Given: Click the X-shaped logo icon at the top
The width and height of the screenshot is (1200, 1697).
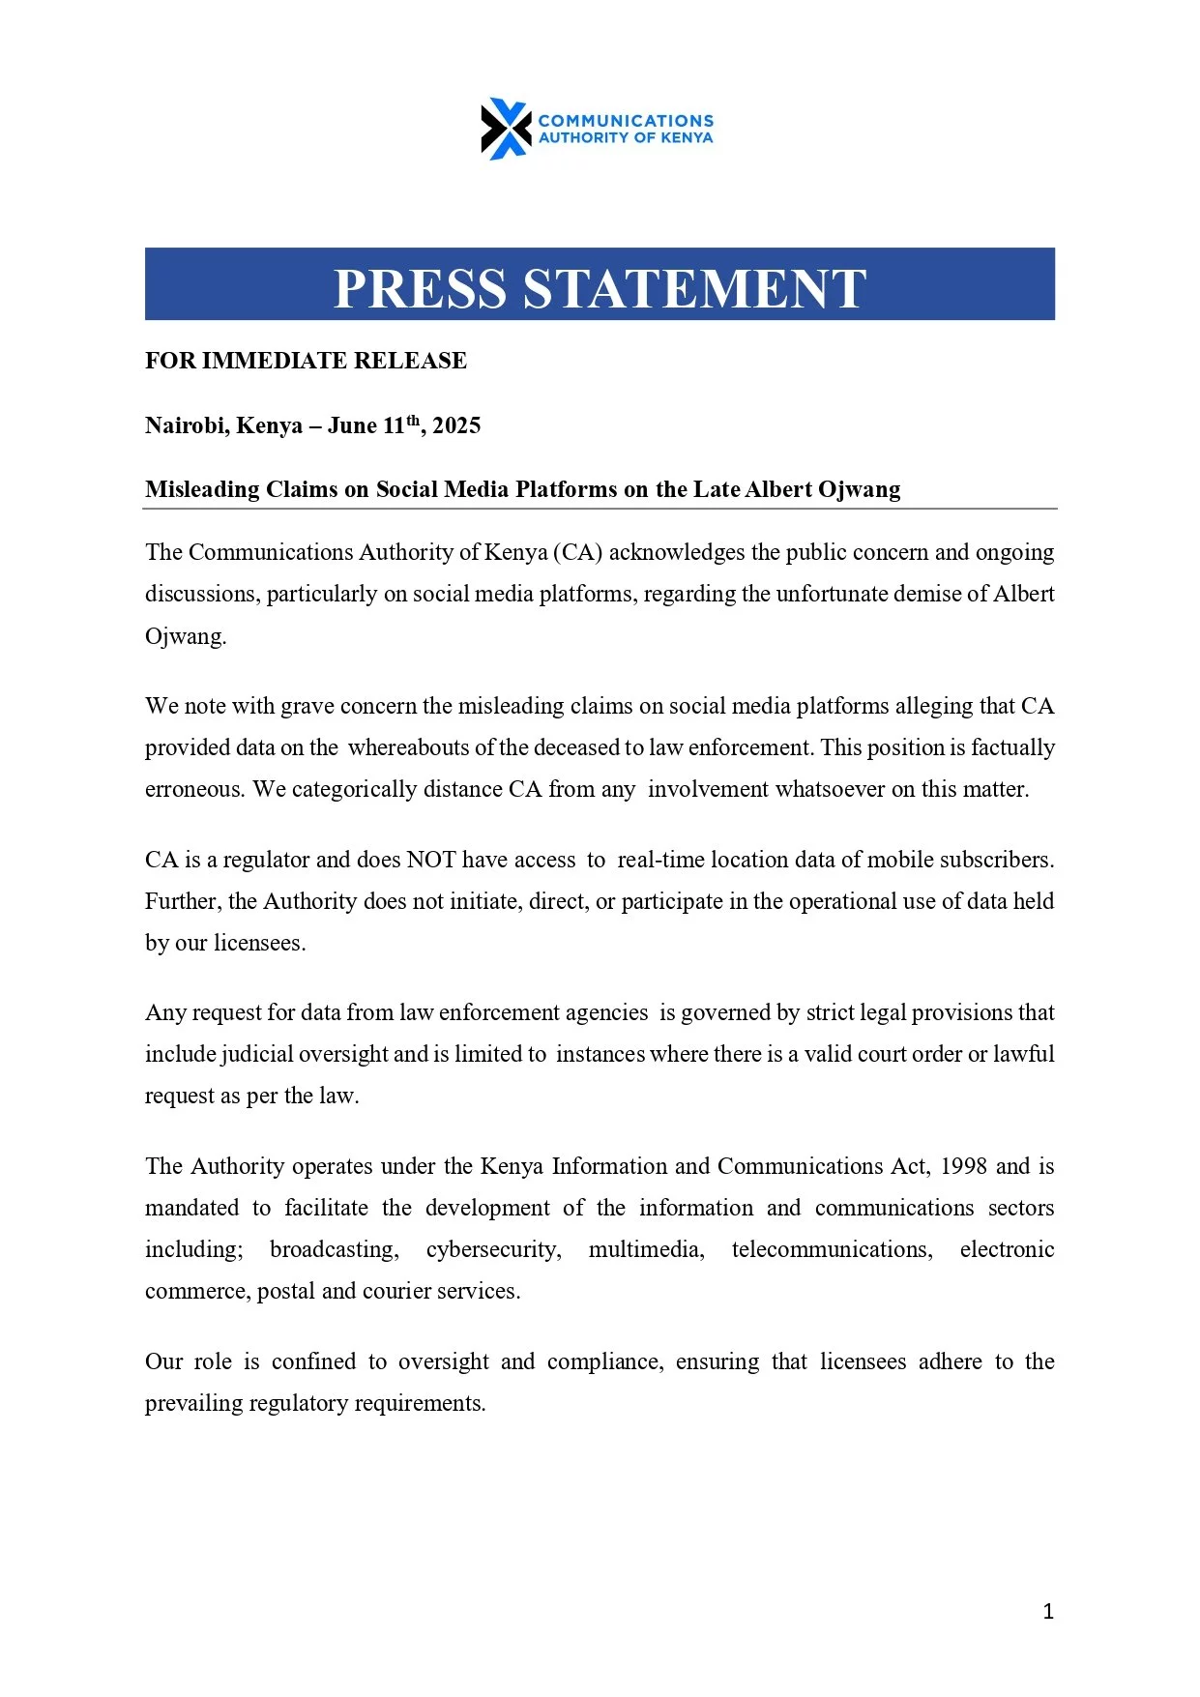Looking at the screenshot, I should click(x=506, y=129).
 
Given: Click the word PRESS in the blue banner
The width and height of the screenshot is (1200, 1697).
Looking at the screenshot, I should click(x=420, y=288).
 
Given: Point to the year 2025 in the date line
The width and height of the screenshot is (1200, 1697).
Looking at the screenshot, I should click(x=456, y=426).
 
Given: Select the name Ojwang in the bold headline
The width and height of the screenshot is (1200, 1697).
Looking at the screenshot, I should click(x=859, y=489).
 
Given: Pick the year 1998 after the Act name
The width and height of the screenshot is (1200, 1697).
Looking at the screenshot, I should click(x=963, y=1166).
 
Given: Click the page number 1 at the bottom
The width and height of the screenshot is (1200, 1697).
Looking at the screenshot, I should click(x=1048, y=1611).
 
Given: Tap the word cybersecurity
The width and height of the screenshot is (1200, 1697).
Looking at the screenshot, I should click(x=493, y=1249).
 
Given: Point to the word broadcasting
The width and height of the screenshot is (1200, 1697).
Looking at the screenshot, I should click(x=334, y=1249).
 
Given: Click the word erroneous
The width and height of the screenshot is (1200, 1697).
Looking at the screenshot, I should click(x=193, y=790).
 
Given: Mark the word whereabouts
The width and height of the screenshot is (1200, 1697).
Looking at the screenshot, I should click(x=408, y=748).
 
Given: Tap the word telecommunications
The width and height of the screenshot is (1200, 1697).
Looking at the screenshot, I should click(x=832, y=1249).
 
